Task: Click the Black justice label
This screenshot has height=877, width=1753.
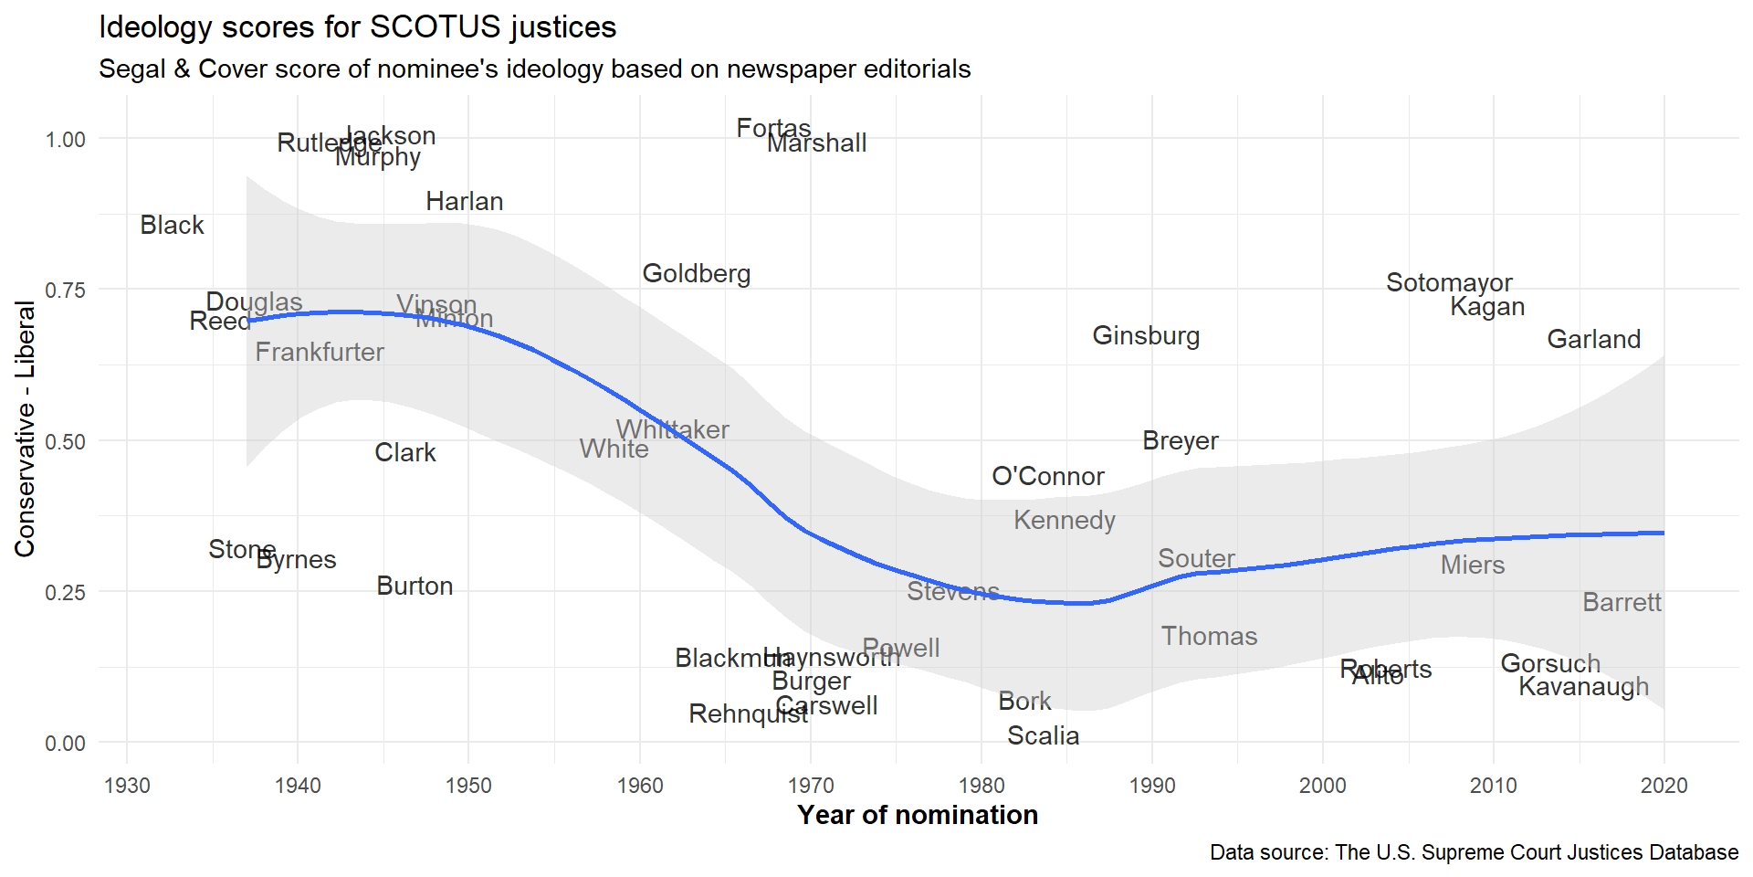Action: pos(172,226)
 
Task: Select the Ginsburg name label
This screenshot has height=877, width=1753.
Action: pos(1146,336)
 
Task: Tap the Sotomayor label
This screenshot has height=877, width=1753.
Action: pos(1449,283)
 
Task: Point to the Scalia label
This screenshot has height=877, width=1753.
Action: pos(1043,736)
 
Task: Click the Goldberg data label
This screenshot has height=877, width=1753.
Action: pos(697,274)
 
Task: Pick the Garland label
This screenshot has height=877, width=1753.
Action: pos(1593,340)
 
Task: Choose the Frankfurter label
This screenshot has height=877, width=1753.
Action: pos(320,353)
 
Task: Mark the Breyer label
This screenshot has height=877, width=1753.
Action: pos(1181,441)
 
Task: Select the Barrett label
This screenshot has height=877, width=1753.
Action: pos(1622,603)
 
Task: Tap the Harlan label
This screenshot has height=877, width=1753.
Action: pos(464,202)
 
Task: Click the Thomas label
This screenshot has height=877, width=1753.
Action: pos(1209,637)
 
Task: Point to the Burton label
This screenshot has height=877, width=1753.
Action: pos(415,586)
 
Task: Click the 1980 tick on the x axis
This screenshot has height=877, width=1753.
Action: pos(981,786)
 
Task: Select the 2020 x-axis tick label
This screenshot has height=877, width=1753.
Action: pos(1664,786)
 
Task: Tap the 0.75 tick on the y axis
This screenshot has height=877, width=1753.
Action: pos(65,291)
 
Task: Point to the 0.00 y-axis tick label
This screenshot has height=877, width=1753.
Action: pos(65,744)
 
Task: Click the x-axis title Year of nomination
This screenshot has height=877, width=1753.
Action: pos(918,815)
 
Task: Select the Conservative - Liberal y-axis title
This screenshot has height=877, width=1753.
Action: pos(25,429)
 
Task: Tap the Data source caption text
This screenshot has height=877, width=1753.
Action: pos(1474,852)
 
